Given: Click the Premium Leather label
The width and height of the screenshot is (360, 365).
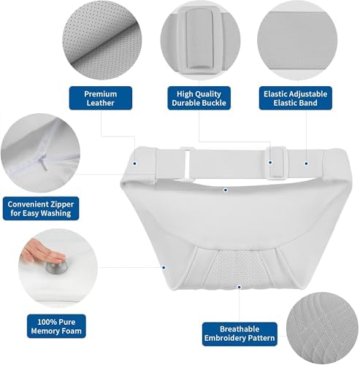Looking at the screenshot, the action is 101,98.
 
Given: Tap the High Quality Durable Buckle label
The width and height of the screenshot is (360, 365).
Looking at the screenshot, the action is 199,98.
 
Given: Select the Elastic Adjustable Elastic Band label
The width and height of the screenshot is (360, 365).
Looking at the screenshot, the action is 295,98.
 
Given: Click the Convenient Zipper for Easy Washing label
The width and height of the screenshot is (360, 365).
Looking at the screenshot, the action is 41,209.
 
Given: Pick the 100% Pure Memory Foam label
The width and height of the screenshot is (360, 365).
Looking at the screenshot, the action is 56,326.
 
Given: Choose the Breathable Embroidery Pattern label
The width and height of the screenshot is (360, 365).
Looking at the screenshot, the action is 240,334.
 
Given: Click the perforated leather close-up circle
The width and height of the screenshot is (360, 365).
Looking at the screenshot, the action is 102,40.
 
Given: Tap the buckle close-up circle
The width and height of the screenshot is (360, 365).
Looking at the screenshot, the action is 200,40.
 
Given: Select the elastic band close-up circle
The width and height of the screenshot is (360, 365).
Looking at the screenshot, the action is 297,40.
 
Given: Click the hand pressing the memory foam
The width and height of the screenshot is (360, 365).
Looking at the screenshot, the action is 42,252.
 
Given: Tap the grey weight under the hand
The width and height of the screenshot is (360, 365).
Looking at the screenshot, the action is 56,267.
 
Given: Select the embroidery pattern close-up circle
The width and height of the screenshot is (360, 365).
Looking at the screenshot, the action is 323,328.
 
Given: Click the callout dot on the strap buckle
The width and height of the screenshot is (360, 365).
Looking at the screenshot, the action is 270,162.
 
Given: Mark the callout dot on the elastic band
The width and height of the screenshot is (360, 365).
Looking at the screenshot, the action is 306,164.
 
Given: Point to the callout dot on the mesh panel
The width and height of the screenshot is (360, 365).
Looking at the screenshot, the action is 239,287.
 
